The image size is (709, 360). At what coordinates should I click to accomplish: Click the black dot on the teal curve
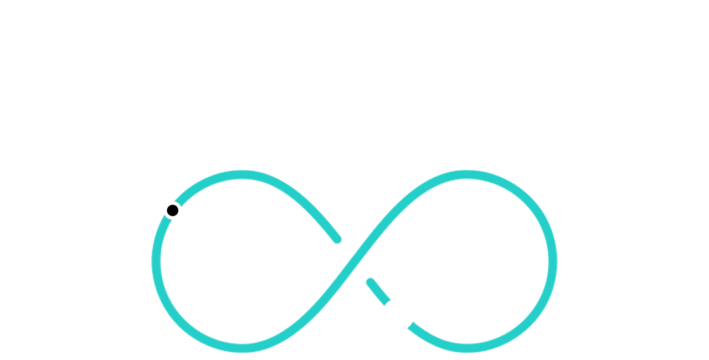[172, 210]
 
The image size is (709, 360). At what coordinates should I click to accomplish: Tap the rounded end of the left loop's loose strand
[337, 239]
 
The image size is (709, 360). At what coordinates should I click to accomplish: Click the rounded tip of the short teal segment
[371, 282]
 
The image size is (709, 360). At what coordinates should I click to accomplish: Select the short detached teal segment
[379, 292]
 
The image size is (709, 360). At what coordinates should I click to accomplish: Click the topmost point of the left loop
[242, 175]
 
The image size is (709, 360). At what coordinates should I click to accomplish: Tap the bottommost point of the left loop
[242, 347]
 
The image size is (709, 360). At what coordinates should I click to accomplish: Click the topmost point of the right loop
[467, 175]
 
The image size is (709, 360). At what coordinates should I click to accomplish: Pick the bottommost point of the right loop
[467, 347]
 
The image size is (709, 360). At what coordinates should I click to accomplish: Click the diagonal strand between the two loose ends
[354, 261]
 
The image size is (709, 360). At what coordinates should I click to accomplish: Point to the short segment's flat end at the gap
[387, 302]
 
